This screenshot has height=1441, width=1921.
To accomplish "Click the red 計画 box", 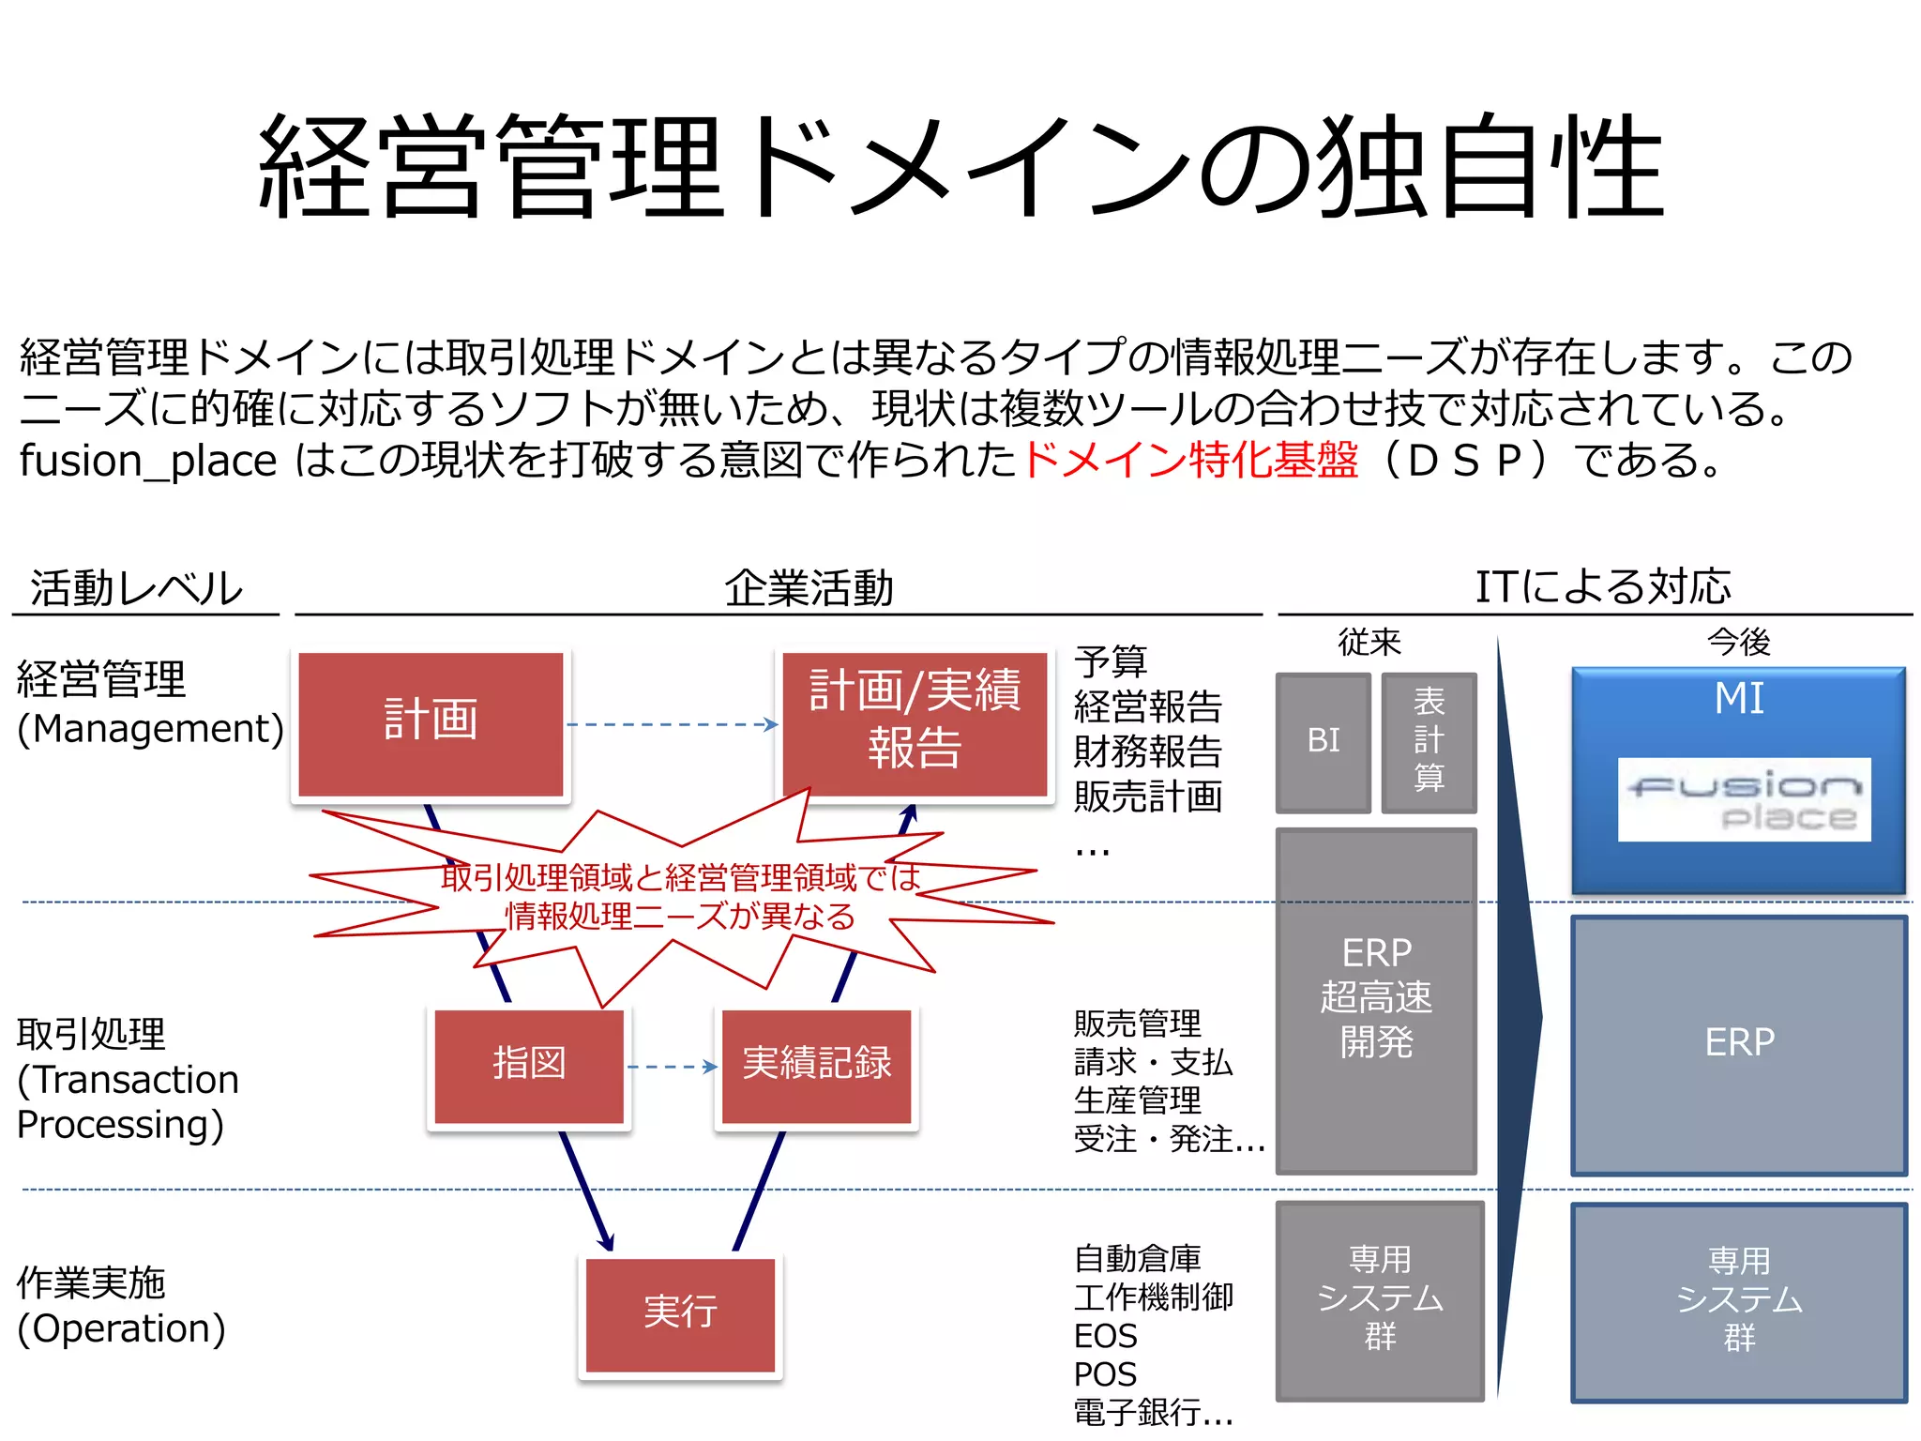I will [431, 723].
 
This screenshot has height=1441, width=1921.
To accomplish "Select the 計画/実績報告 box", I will [915, 723].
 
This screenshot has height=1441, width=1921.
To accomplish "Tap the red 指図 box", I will [529, 1066].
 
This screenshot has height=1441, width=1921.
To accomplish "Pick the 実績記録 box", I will [816, 1066].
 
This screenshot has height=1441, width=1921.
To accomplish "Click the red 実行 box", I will [680, 1313].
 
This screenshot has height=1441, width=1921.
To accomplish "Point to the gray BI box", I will [1324, 741].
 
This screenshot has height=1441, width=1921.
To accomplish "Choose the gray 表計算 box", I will [1429, 741].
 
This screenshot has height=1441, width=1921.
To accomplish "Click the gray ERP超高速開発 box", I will [1376, 1000].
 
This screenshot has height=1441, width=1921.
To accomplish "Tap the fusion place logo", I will [1744, 799].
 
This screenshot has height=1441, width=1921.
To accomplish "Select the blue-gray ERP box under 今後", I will [1739, 1043].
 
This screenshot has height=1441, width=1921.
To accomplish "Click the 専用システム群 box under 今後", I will [1739, 1300].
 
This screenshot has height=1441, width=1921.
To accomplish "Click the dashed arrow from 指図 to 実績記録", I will [672, 1067].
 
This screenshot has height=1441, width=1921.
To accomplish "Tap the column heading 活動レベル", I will [137, 589].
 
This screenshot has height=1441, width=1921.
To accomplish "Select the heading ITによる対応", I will [1603, 587].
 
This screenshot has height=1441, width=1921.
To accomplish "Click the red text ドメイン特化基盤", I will [1189, 461].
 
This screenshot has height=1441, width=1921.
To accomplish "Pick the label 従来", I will [1369, 643].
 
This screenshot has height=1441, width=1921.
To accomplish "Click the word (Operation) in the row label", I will [122, 1328].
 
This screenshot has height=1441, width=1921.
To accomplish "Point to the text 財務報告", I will [1147, 751].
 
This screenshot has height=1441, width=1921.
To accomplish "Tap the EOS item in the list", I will [1105, 1336].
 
